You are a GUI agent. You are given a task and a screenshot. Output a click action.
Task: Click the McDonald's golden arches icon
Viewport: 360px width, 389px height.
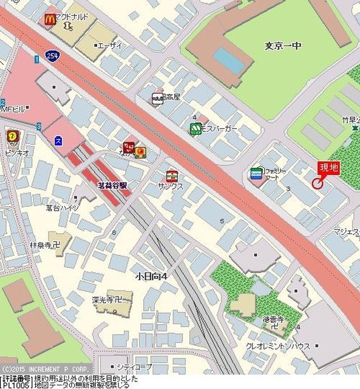[x=50, y=19]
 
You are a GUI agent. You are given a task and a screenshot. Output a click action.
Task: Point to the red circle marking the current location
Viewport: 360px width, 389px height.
[x=317, y=183]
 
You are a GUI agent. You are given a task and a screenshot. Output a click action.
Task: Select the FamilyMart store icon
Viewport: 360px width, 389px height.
[x=256, y=174]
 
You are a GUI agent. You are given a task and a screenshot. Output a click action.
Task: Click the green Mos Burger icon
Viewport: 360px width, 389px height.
[x=195, y=128]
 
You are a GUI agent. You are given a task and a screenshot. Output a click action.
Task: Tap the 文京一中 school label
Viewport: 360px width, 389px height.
[x=283, y=46]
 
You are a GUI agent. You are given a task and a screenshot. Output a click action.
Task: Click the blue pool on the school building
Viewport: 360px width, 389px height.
[x=229, y=59]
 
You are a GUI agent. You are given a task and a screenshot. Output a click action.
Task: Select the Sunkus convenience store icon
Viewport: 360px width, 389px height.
[x=172, y=175]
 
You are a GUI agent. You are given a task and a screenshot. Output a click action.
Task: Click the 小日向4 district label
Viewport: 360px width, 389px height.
[x=152, y=277]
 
